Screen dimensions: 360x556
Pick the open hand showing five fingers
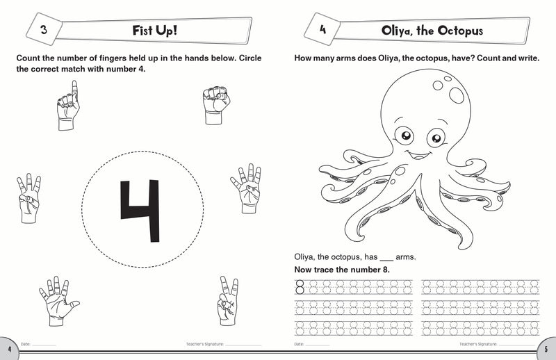coord(57,301)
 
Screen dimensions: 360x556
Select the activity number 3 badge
coord(43,30)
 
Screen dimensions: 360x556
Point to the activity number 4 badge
coord(322,30)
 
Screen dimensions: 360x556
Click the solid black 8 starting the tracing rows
coord(300,286)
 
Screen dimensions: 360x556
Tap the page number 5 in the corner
coord(548,347)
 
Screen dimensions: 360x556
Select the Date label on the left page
coord(26,344)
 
